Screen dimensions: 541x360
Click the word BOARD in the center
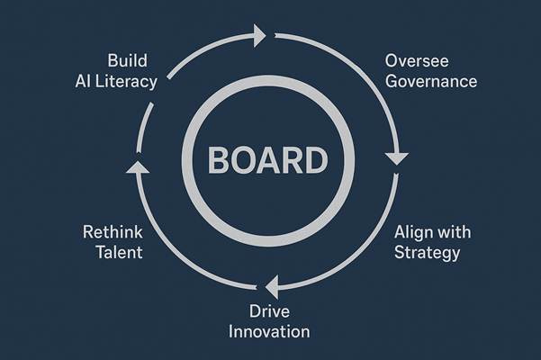point(267,162)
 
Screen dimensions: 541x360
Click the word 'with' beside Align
point(454,232)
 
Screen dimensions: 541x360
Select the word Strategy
point(428,252)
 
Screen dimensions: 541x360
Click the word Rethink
point(112,232)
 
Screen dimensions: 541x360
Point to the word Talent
point(119,252)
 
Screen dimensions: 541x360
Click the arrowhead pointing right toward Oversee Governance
point(259,36)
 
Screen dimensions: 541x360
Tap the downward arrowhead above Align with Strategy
point(396,159)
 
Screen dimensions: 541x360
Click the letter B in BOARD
point(221,162)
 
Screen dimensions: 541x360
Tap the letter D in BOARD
point(313,162)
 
